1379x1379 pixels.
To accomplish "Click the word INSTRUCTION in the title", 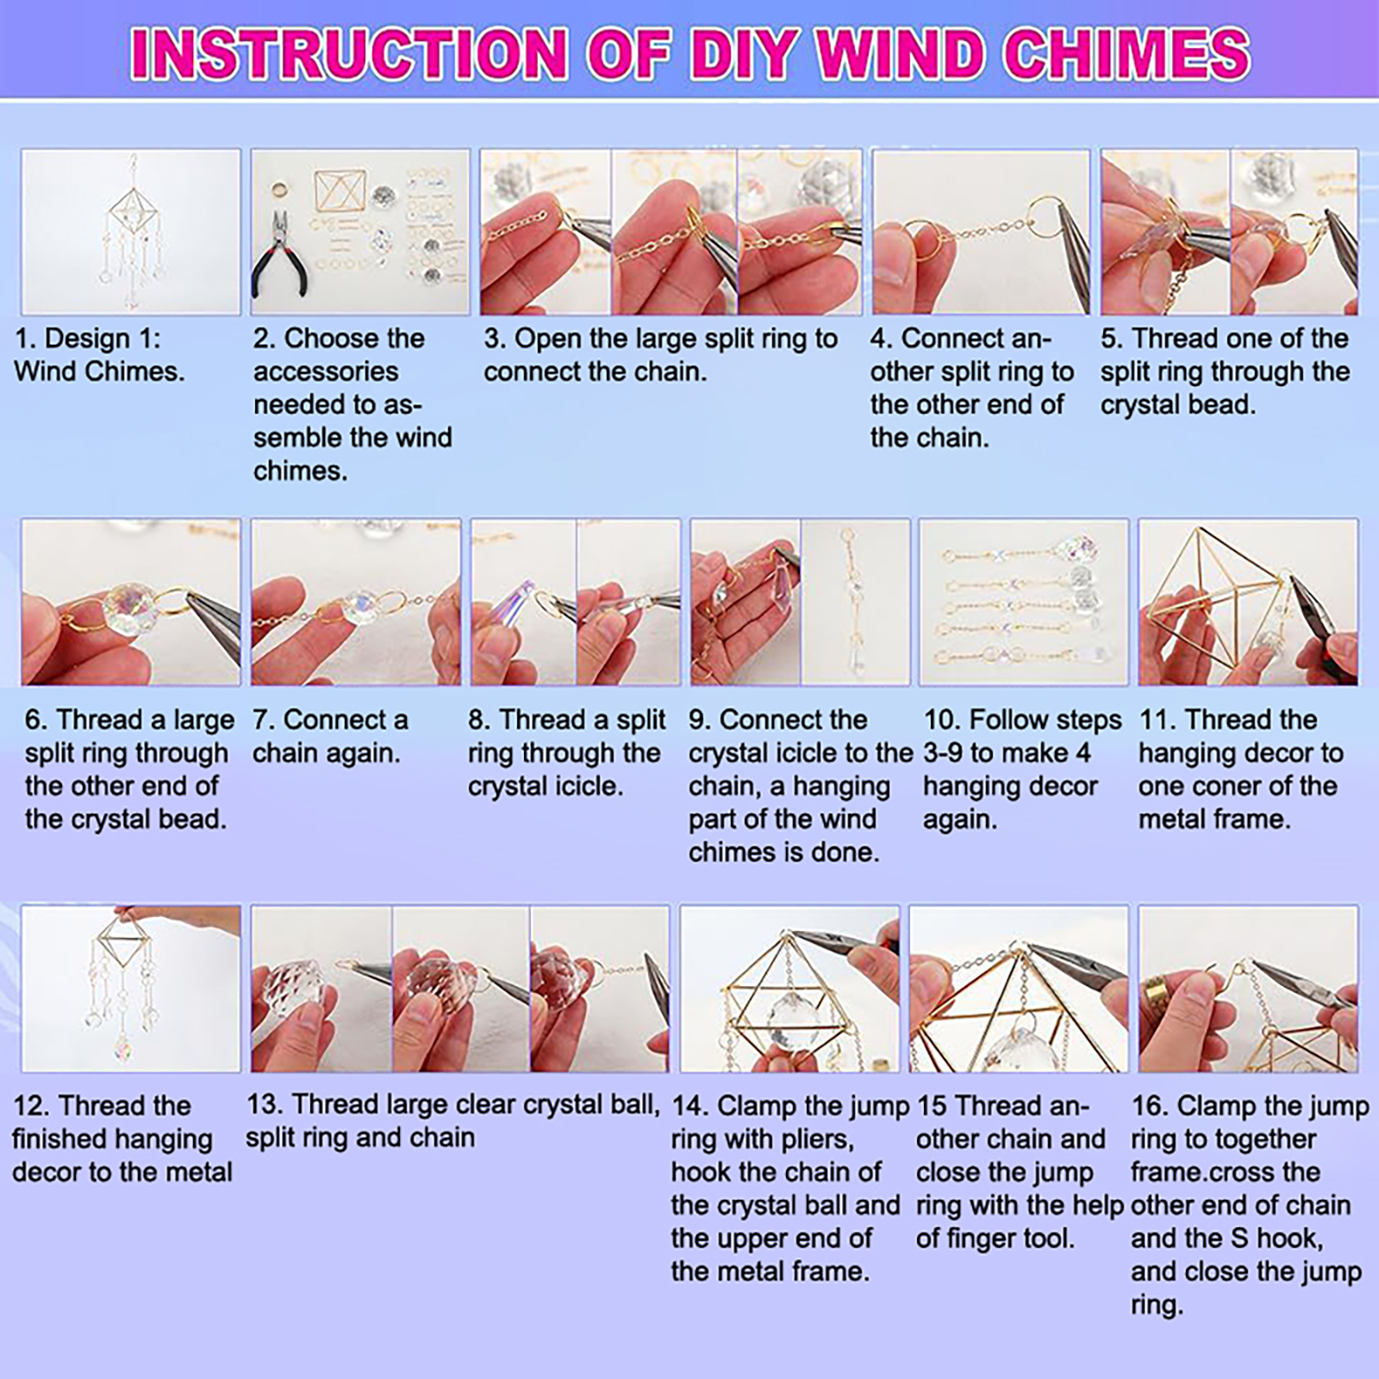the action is (x=348, y=53).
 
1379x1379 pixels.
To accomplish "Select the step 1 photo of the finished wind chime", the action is (x=131, y=232).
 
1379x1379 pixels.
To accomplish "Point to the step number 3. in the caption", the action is (x=495, y=340).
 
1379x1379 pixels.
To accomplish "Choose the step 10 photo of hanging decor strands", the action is (x=1024, y=602).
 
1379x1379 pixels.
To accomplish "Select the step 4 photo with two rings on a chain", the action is (x=981, y=232).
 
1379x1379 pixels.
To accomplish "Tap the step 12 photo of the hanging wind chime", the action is (x=131, y=989).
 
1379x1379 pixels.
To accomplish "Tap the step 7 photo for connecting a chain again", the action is (x=356, y=602).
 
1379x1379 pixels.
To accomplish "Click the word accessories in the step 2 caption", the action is (x=326, y=372).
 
